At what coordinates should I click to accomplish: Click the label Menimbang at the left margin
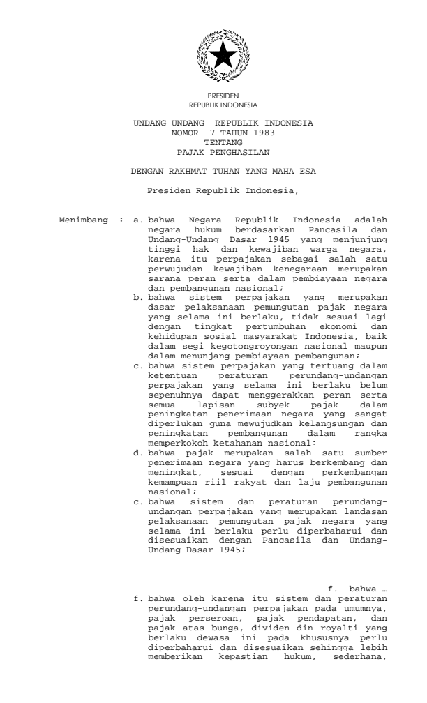(84, 221)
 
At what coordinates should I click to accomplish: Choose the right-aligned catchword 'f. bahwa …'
(357, 531)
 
